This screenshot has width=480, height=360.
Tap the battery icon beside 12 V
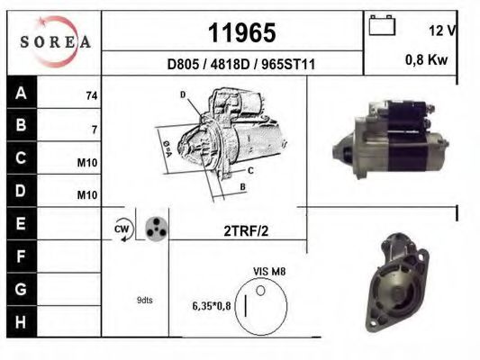click(x=383, y=26)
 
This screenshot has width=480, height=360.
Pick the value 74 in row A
click(x=91, y=94)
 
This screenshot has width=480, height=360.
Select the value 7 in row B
click(x=94, y=130)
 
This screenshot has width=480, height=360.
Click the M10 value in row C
click(x=87, y=163)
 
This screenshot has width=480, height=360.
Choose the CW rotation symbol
click(x=122, y=229)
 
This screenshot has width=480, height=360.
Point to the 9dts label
click(x=145, y=301)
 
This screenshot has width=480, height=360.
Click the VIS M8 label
click(x=268, y=270)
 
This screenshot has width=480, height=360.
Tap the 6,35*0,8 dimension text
click(x=212, y=305)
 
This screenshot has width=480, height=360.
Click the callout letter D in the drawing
click(x=182, y=94)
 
